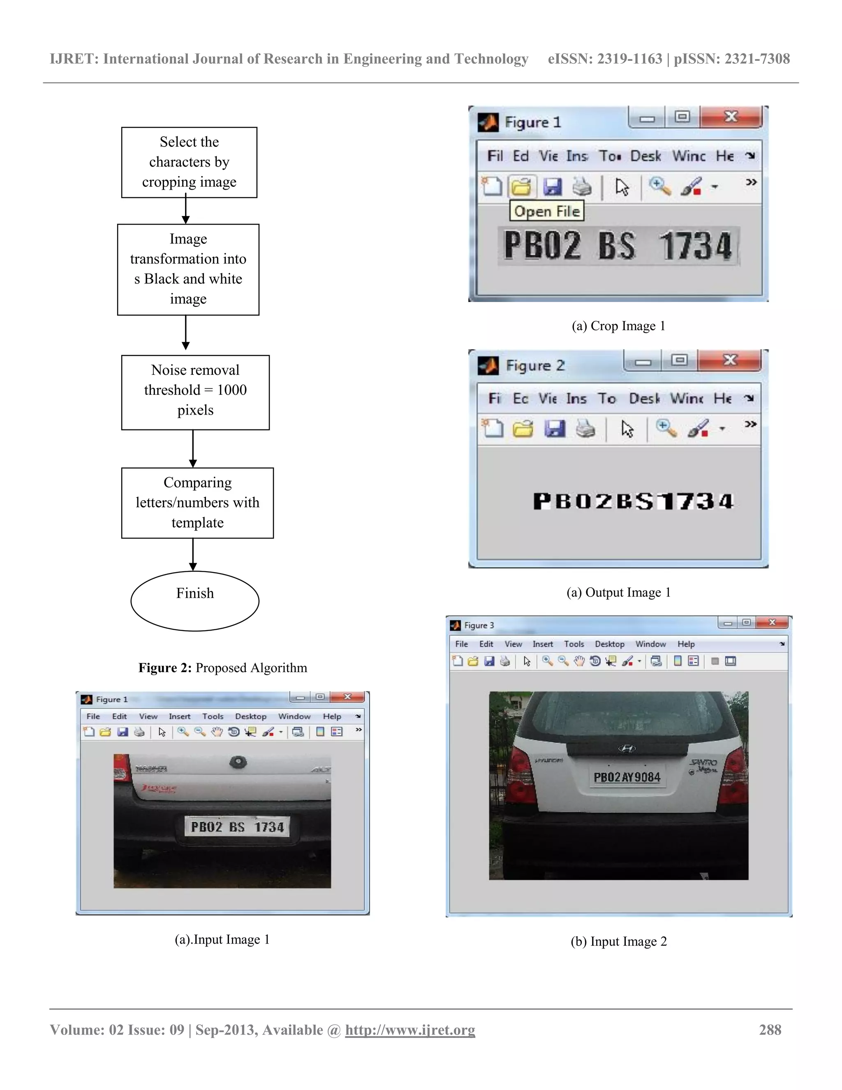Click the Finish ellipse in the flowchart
point(194,601)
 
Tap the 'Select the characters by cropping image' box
point(189,162)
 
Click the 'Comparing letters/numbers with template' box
point(197,503)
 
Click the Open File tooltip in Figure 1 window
point(547,211)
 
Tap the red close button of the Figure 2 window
point(729,360)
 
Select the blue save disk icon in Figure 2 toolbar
point(554,428)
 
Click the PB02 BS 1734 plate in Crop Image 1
point(618,246)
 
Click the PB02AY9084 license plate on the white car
point(627,777)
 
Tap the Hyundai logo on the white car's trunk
point(627,748)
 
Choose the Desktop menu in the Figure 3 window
point(609,644)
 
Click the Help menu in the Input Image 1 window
point(332,716)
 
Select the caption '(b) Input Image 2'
point(618,941)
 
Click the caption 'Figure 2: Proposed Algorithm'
point(222,668)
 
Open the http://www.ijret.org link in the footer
point(410,1030)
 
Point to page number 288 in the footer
point(770,1030)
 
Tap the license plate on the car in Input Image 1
point(237,827)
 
